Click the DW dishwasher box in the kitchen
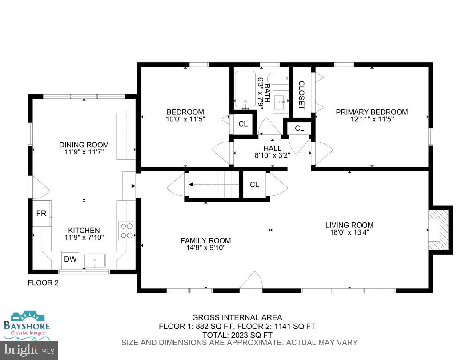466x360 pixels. click(70, 259)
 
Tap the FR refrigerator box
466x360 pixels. click(41, 214)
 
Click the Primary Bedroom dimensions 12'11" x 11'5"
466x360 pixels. click(371, 119)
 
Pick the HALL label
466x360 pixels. click(272, 148)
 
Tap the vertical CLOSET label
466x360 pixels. click(301, 95)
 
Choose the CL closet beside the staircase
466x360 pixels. click(254, 185)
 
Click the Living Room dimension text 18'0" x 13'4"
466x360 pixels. click(349, 232)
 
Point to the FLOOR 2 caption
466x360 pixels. click(43, 283)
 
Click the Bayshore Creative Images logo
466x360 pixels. click(27, 323)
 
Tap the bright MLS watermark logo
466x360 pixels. click(29, 351)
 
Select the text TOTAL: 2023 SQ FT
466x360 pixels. click(237, 335)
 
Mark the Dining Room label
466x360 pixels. click(84, 145)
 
